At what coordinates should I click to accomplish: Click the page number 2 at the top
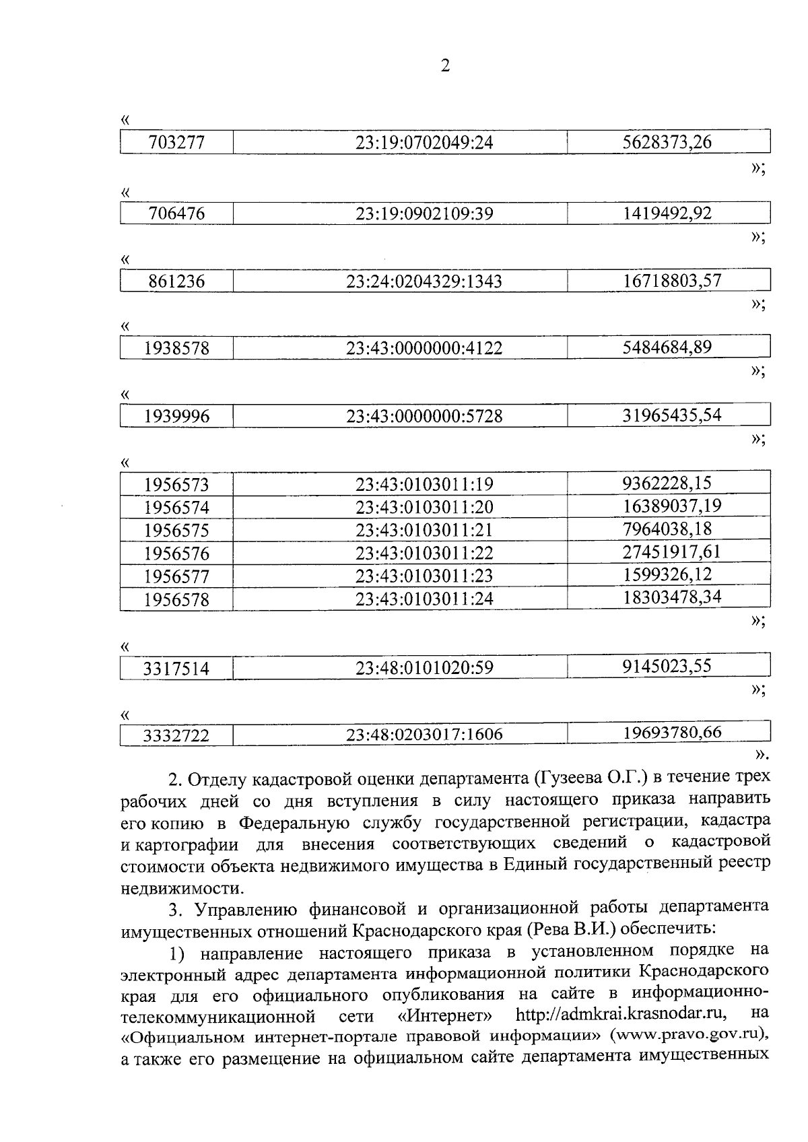tap(444, 66)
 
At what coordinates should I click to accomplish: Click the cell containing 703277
tap(176, 143)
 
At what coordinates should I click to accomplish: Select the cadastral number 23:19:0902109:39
tap(424, 214)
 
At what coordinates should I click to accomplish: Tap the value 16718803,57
tap(672, 280)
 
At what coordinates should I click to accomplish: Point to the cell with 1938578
tap(176, 349)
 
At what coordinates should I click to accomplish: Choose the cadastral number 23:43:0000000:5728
tap(424, 416)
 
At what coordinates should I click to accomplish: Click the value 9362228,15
tap(667, 483)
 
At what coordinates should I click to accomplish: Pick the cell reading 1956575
tap(176, 531)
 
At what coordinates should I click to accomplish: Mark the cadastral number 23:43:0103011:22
tap(424, 553)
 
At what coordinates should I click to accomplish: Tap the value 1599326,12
tap(667, 574)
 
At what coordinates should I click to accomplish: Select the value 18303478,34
tap(672, 597)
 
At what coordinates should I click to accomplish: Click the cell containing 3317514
tap(176, 669)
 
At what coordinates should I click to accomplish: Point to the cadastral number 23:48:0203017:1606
tap(424, 735)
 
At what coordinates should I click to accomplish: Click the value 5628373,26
tap(667, 142)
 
